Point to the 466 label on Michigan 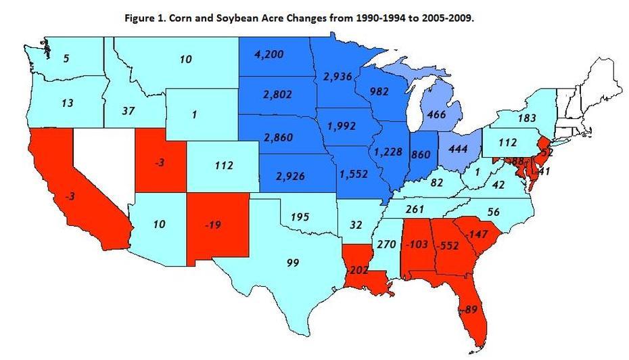tap(437, 114)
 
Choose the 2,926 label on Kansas tap(291, 177)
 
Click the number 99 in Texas tap(292, 262)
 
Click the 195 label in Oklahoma tap(299, 217)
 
